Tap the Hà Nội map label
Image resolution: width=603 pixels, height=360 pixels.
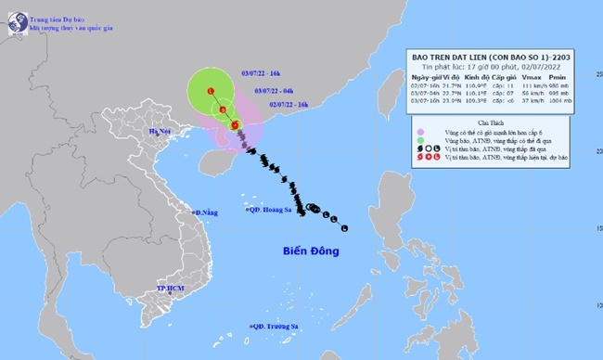(148, 134)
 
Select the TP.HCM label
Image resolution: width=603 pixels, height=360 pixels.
(169, 289)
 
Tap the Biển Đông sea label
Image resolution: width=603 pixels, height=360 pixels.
(311, 251)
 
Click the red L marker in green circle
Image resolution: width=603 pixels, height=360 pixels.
(212, 90)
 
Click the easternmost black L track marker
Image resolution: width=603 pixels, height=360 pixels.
(344, 228)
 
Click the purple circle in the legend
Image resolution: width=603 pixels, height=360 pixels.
(422, 132)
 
